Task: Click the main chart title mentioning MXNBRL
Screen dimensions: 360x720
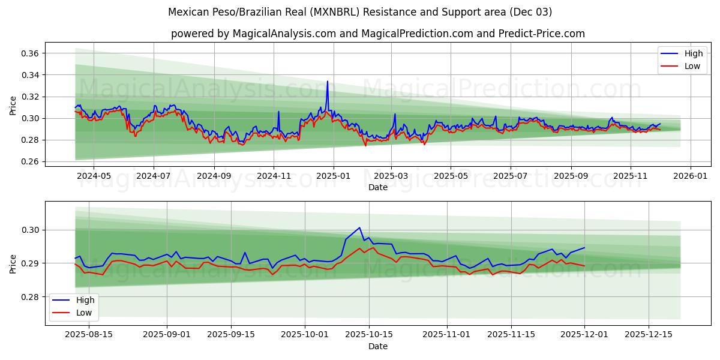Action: (x=360, y=12)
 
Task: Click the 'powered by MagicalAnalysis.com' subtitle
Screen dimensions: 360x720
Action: (x=377, y=34)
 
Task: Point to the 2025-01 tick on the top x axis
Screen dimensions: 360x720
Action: (x=333, y=176)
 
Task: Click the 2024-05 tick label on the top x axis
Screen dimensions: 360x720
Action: (x=94, y=176)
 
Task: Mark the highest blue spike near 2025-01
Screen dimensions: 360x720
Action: (x=327, y=82)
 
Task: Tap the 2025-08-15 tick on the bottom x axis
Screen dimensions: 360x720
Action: (x=89, y=335)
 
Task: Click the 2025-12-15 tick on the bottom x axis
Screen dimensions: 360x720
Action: (x=648, y=335)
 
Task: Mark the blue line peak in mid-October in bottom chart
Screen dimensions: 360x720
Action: (x=359, y=227)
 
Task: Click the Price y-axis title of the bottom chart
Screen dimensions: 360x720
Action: (x=13, y=263)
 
